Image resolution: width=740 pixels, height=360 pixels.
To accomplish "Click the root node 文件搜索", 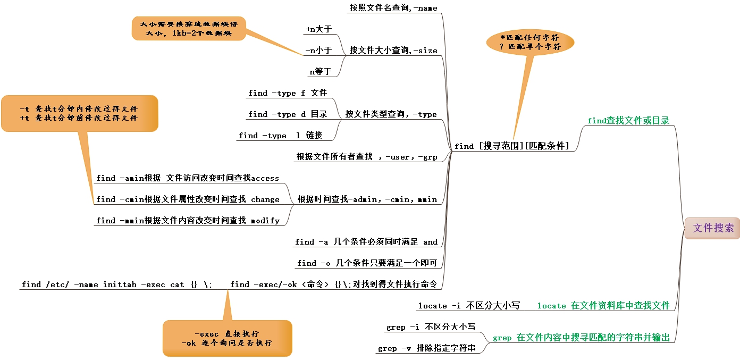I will point(712,228).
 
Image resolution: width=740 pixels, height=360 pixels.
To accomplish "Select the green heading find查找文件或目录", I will point(628,121).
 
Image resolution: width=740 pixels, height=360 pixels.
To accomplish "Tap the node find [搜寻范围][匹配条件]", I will point(511,146).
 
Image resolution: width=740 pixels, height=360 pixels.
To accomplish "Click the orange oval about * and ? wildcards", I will point(530,43).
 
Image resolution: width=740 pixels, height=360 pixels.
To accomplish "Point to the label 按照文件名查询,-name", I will point(393,8).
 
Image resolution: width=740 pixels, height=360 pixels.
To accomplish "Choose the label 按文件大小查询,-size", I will point(393,51).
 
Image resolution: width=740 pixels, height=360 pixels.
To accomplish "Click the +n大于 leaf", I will point(318,29).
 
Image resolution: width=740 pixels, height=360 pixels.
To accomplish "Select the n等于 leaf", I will point(320,72).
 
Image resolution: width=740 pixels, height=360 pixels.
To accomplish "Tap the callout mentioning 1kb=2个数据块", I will point(189,28).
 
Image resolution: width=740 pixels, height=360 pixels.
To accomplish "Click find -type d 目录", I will point(287,114).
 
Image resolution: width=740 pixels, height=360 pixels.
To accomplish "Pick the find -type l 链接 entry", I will point(280,136).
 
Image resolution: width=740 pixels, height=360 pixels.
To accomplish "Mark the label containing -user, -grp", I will point(366,157).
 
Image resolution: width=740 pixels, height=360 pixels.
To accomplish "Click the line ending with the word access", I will point(187,178).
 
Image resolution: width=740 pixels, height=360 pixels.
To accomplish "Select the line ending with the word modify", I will point(187,221).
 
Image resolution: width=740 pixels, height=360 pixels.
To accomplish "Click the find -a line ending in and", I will point(366,242).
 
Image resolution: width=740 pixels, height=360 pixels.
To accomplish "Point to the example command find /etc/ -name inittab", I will point(117,284).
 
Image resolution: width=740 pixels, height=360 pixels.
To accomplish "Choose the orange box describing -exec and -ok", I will point(227,338).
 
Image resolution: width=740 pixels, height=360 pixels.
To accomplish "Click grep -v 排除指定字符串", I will point(426,348).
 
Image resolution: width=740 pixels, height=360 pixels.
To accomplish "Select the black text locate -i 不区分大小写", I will point(468,306).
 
